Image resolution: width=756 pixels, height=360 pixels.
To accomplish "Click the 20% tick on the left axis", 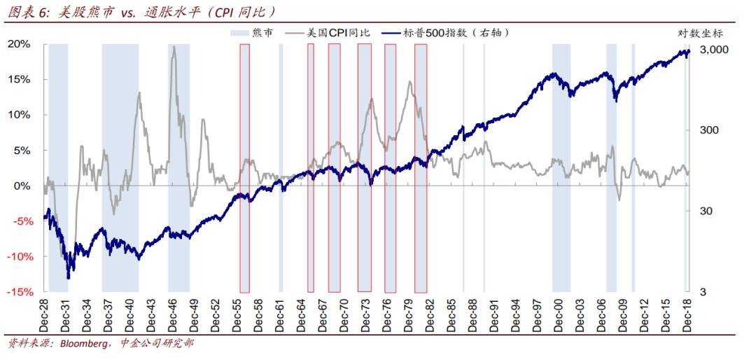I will coord(20,44).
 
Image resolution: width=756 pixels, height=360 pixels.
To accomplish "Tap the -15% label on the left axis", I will coord(17,292).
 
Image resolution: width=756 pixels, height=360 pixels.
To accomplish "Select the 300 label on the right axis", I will coord(705,130).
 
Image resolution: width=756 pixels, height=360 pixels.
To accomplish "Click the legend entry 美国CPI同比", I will coord(343,32).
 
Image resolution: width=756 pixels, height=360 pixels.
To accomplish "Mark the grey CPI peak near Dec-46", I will coord(174,48).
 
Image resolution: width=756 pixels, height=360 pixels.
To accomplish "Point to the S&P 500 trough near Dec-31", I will coord(68,277).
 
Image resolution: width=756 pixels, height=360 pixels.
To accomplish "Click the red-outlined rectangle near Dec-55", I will coord(244,168).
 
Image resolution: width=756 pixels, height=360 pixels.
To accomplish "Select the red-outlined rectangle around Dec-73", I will coord(364,168).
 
